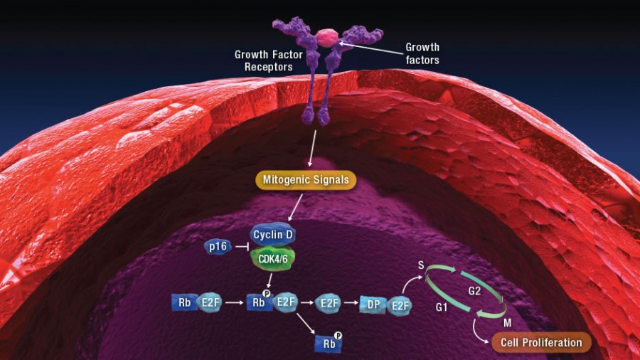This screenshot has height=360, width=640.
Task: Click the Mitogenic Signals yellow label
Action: [x=306, y=180]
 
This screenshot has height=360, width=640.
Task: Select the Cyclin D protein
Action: [x=272, y=234]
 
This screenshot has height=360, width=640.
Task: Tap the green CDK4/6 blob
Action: [x=272, y=258]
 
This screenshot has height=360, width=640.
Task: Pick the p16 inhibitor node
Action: [x=218, y=247]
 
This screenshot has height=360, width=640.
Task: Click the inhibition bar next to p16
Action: [x=242, y=247]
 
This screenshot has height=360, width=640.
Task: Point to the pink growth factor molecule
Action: [x=327, y=37]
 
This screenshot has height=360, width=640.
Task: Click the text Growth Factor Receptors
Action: [x=269, y=60]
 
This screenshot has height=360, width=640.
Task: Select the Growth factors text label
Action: [x=422, y=53]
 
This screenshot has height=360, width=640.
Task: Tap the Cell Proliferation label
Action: [x=541, y=342]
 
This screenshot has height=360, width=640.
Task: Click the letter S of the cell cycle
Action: [x=421, y=265]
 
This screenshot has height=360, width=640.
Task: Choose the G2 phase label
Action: [x=474, y=291]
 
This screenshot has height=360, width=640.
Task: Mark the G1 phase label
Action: [x=442, y=307]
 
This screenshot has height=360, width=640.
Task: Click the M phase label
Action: [x=507, y=323]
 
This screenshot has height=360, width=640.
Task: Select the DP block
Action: [x=373, y=305]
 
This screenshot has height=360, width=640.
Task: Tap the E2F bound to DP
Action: [x=400, y=306]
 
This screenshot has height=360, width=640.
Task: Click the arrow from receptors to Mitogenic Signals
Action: [x=313, y=149]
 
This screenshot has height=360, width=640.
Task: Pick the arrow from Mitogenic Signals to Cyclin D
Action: [x=296, y=208]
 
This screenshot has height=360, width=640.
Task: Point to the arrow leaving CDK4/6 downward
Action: [x=270, y=281]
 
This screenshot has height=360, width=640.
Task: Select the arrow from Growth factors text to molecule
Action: [x=371, y=48]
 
